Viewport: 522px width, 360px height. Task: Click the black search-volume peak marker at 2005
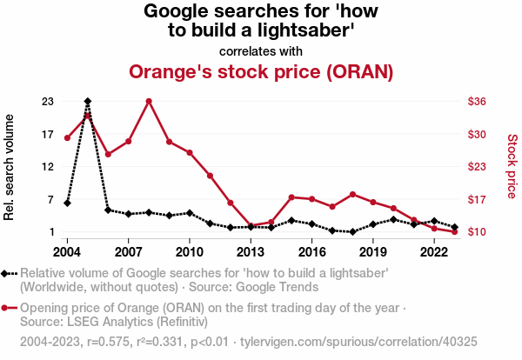pos(88,102)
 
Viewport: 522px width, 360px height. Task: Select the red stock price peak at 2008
pos(149,101)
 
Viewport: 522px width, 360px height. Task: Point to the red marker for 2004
pos(67,137)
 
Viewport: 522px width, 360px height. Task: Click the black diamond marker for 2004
pos(67,203)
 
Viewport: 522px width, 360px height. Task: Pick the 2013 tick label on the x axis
pos(251,251)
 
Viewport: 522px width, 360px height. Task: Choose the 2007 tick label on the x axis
pos(128,251)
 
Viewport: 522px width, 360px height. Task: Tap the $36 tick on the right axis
pos(481,102)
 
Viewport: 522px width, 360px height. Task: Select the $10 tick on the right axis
pos(481,232)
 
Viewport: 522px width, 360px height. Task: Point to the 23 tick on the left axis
pos(48,102)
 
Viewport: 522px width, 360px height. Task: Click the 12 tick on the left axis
pos(48,167)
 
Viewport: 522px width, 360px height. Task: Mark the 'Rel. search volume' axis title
pos(10,166)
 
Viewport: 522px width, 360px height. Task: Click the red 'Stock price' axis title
pos(512,166)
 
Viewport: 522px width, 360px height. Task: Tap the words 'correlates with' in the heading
pos(261,50)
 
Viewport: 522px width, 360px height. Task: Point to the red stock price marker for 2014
pos(271,222)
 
